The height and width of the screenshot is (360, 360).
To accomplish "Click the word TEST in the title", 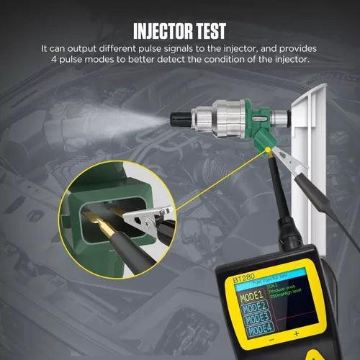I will tap(209, 30).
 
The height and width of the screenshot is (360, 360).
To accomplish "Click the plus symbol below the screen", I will tap(295, 354).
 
